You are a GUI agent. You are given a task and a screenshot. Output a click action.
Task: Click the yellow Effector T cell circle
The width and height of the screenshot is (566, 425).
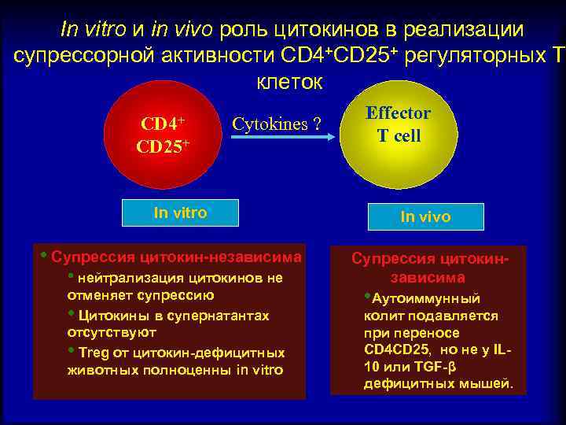coord(399,134)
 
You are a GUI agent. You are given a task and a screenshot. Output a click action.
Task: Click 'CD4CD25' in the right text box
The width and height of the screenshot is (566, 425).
coord(391,349)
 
